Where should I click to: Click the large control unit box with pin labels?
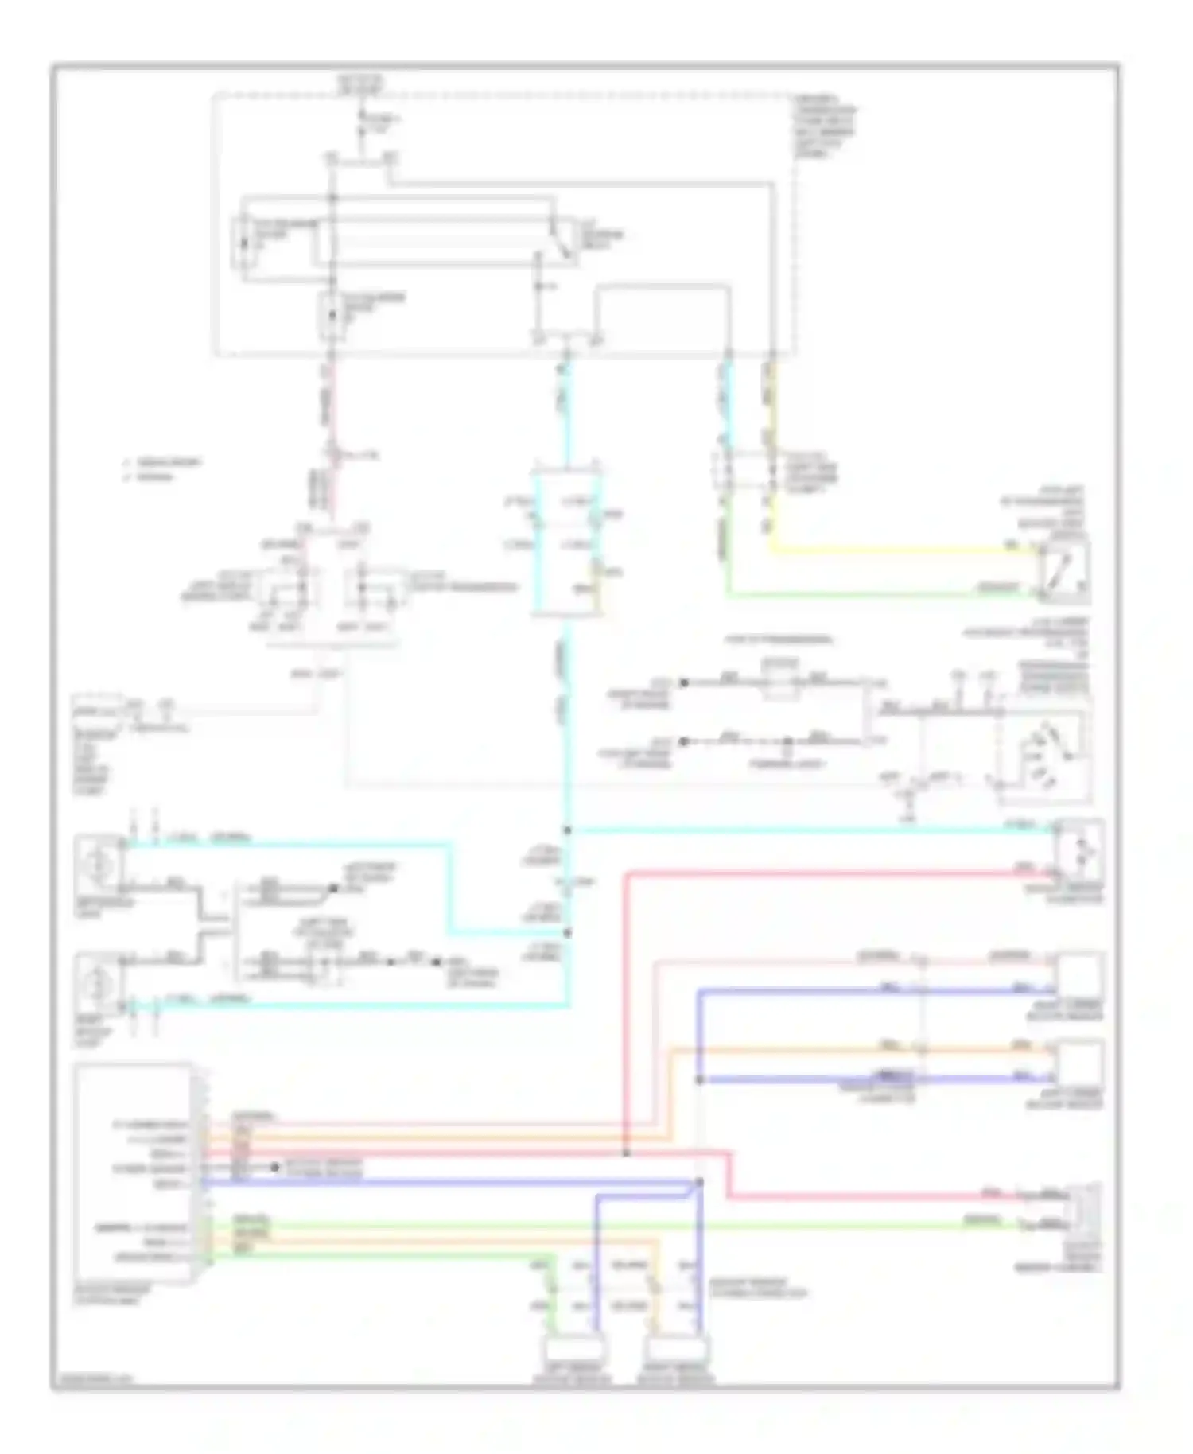(x=134, y=1173)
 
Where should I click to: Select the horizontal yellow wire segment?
(x=891, y=550)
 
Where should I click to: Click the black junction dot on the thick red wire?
(x=627, y=1153)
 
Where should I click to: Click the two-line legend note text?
(x=163, y=469)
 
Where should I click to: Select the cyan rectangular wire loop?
(x=566, y=545)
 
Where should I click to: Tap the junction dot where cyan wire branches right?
(x=568, y=831)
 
